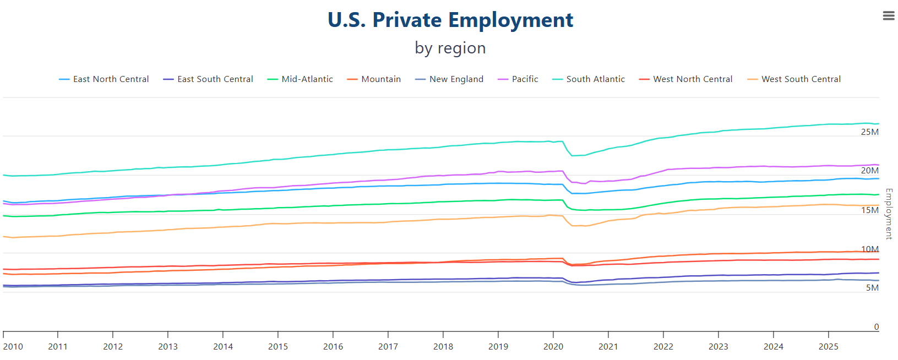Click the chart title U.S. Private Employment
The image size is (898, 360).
coord(450,20)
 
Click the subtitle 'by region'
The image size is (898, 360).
coord(450,48)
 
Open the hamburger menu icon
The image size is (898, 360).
coord(888,16)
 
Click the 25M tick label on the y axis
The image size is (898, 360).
coord(869,132)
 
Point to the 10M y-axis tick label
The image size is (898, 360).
coord(869,249)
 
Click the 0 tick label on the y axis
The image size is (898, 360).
coord(876,327)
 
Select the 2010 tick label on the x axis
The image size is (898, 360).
coord(13,347)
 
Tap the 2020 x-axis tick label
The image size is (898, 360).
coord(553,347)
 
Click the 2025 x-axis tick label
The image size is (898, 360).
coord(828,347)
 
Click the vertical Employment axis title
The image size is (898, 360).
coord(888,214)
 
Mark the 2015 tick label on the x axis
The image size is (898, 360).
coord(277,347)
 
